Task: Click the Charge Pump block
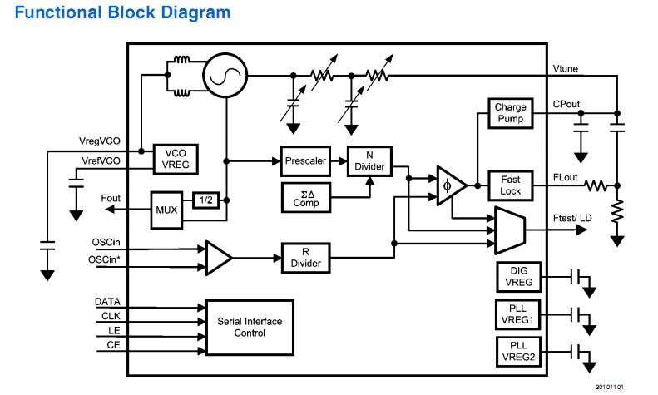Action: tap(511, 113)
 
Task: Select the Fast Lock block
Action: tap(511, 185)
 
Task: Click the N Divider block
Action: tap(369, 160)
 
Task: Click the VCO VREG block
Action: tap(176, 160)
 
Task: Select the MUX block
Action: tap(166, 208)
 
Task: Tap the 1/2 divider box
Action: tap(205, 200)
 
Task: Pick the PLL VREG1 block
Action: tap(518, 315)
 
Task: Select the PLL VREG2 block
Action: tap(518, 353)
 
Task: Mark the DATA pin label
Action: tap(108, 302)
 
